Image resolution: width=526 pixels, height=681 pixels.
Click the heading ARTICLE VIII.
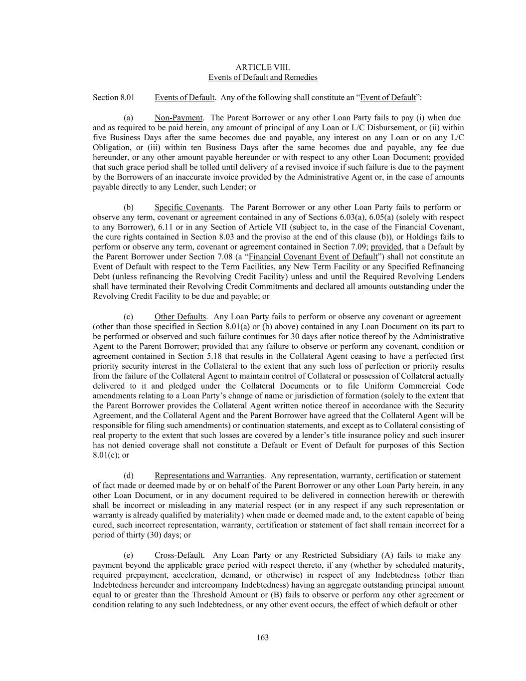[263, 67]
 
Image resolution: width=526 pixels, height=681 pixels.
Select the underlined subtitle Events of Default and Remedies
[263, 77]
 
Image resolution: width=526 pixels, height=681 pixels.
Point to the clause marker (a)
[128, 118]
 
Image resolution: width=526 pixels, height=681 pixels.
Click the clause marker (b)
[128, 207]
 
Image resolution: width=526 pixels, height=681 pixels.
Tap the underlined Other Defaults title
[180, 316]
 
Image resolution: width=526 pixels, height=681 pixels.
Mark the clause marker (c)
[128, 316]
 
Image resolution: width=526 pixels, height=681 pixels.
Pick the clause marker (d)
[128, 475]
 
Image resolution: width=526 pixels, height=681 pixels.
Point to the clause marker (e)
[128, 555]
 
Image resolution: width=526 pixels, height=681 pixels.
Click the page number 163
[263, 637]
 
